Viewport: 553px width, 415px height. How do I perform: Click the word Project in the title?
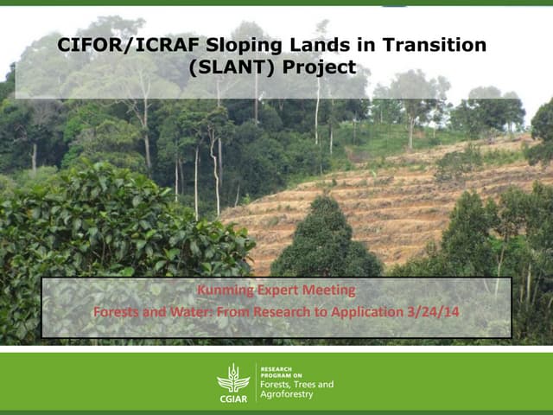point(324,66)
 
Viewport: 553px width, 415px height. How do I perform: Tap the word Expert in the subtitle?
point(276,290)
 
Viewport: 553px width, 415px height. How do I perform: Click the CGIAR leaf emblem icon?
point(232,378)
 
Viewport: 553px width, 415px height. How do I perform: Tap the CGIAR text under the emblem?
point(232,398)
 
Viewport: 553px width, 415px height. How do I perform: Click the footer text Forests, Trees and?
point(296,384)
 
